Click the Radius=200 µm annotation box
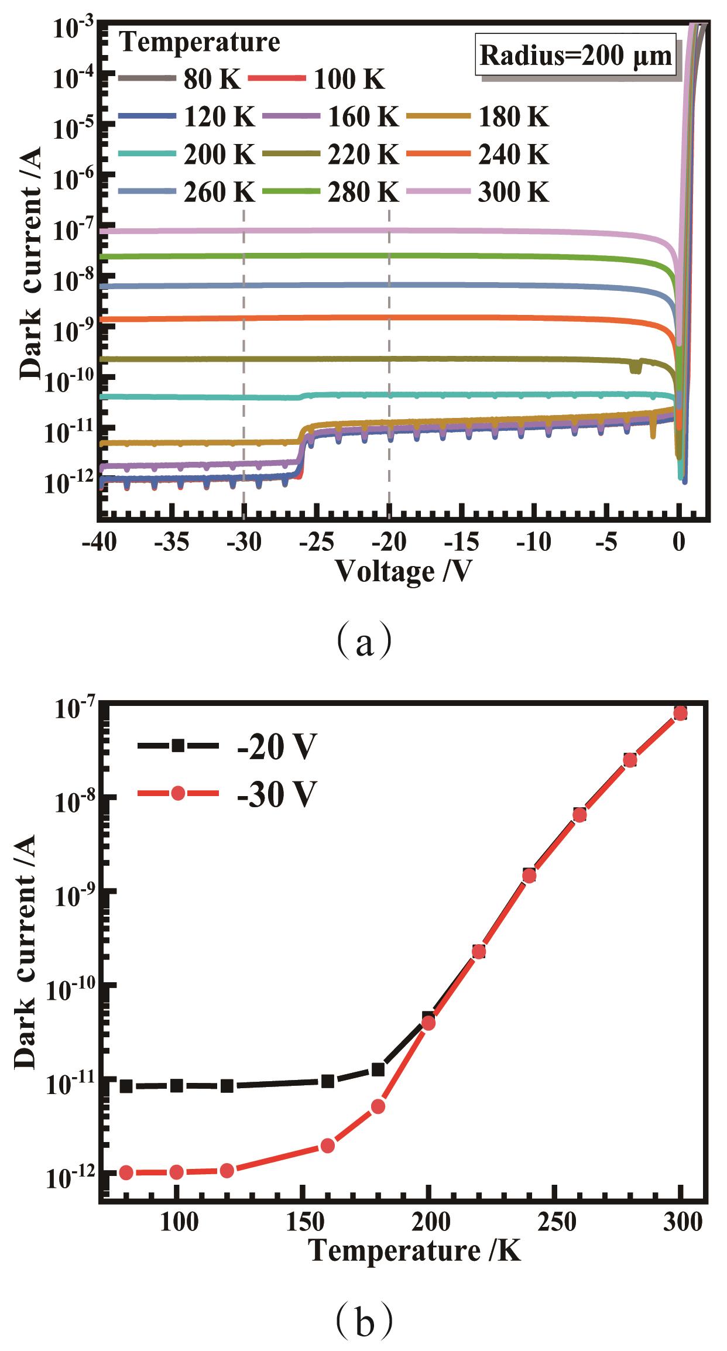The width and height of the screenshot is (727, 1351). pos(575,56)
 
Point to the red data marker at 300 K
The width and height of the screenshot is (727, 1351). pos(680,713)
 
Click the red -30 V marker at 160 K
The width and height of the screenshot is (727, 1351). pos(328,1146)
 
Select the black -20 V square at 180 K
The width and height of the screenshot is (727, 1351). pos(378,1069)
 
